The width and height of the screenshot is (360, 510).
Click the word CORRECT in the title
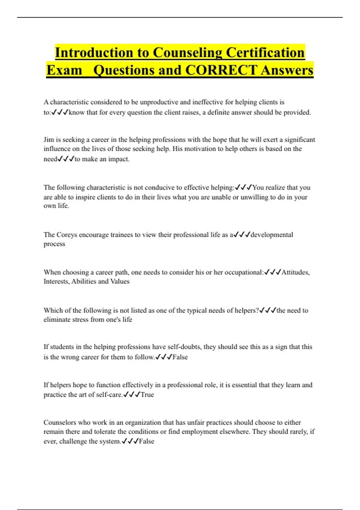[x=221, y=70]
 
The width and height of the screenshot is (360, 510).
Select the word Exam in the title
[x=64, y=70]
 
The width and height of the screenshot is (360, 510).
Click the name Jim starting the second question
[x=49, y=139]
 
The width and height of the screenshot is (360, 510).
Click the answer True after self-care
[x=147, y=394]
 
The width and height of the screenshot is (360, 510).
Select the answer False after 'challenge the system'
[x=146, y=441]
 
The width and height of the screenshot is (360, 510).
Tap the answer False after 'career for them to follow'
[x=180, y=357]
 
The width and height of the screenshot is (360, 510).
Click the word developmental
[x=272, y=235]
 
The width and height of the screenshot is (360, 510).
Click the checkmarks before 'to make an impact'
[x=66, y=159]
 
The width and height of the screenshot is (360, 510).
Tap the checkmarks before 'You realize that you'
[x=243, y=187]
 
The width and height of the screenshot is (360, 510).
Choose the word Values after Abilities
[x=120, y=281]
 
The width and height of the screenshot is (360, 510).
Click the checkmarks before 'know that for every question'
[x=60, y=112]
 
